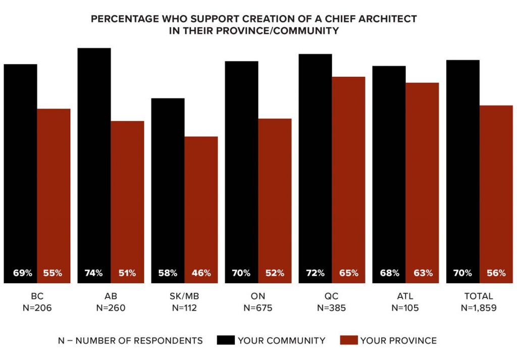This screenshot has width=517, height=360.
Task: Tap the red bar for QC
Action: coord(348,172)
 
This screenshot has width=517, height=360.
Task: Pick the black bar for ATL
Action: coord(389,167)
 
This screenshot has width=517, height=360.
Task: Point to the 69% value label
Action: coord(22,273)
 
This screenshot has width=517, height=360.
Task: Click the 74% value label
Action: coord(94,273)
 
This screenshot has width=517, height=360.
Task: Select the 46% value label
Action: coord(201,273)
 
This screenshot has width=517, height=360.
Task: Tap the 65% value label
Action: coord(348,273)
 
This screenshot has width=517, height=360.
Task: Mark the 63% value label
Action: coord(423,273)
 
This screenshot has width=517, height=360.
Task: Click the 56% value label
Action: coord(496,273)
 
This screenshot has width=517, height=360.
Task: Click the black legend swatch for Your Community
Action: coord(225,340)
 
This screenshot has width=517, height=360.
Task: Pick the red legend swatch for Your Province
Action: coord(348,340)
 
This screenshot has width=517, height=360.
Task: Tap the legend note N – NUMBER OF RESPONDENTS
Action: coord(130,341)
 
